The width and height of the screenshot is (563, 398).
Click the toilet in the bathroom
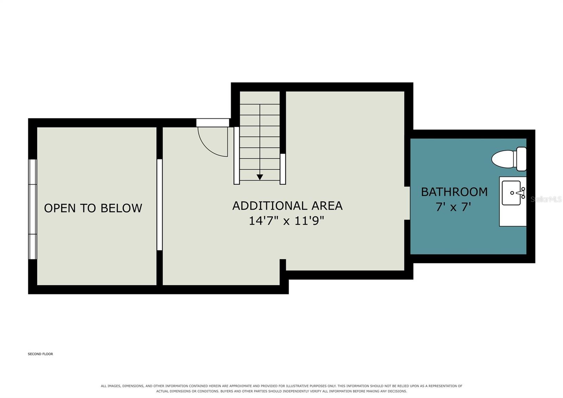pos(509,159)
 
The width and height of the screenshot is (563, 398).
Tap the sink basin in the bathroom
pos(511,193)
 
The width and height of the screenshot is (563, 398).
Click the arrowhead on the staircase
pos(260,177)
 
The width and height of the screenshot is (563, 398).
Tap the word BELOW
pos(121,208)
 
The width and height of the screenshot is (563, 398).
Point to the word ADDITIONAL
pos(270,206)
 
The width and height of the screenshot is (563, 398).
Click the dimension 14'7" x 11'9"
pos(286,221)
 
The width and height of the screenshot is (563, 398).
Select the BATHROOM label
pos(454,192)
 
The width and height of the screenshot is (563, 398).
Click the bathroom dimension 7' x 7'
pos(453,207)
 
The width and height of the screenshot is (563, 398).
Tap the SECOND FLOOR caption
pos(40,354)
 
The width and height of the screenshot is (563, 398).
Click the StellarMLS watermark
pos(546,199)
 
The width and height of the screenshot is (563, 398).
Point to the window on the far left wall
pos(32,209)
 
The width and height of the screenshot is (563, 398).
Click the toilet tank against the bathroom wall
pos(521,159)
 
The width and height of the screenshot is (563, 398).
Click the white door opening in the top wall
pos(213,123)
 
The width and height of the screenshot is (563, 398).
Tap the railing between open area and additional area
pos(159,205)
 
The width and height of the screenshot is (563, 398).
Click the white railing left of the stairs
pos(236,155)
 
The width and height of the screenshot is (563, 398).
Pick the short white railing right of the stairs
pos(283,169)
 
